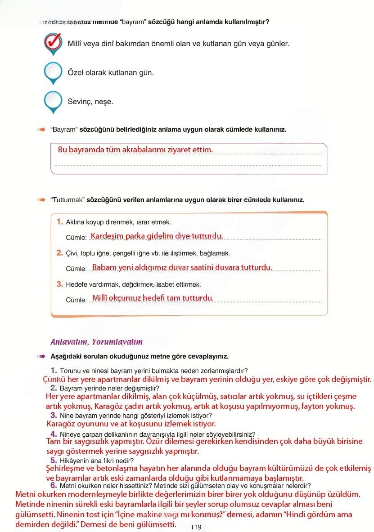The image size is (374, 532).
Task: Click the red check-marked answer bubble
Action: tap(53, 42)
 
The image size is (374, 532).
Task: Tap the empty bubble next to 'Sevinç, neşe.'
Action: tap(53, 101)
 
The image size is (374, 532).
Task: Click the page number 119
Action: tap(196, 528)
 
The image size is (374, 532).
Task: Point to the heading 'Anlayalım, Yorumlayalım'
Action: tap(97, 342)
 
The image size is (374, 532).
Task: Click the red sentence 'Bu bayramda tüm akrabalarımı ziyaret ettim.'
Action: tap(135, 150)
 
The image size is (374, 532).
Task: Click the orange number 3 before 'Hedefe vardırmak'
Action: tap(60, 284)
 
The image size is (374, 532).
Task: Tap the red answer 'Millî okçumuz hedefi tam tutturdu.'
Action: tap(153, 298)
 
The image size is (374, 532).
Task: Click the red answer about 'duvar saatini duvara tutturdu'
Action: tap(182, 267)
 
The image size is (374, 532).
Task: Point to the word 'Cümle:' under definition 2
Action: tap(76, 269)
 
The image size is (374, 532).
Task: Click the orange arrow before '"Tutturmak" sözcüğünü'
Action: tap(41, 200)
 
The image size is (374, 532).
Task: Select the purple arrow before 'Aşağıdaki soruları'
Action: tap(41, 356)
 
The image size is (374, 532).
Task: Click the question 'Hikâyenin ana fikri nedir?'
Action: tap(97, 461)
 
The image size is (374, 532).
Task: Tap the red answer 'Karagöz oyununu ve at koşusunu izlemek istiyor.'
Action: tap(131, 424)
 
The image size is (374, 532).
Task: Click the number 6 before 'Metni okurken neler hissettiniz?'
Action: tap(53, 486)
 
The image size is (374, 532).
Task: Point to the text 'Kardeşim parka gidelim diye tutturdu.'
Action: tap(157, 236)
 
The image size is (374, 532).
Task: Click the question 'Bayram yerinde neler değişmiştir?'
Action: tap(109, 388)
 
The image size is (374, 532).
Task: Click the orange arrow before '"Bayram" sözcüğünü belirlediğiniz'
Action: tap(41, 129)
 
